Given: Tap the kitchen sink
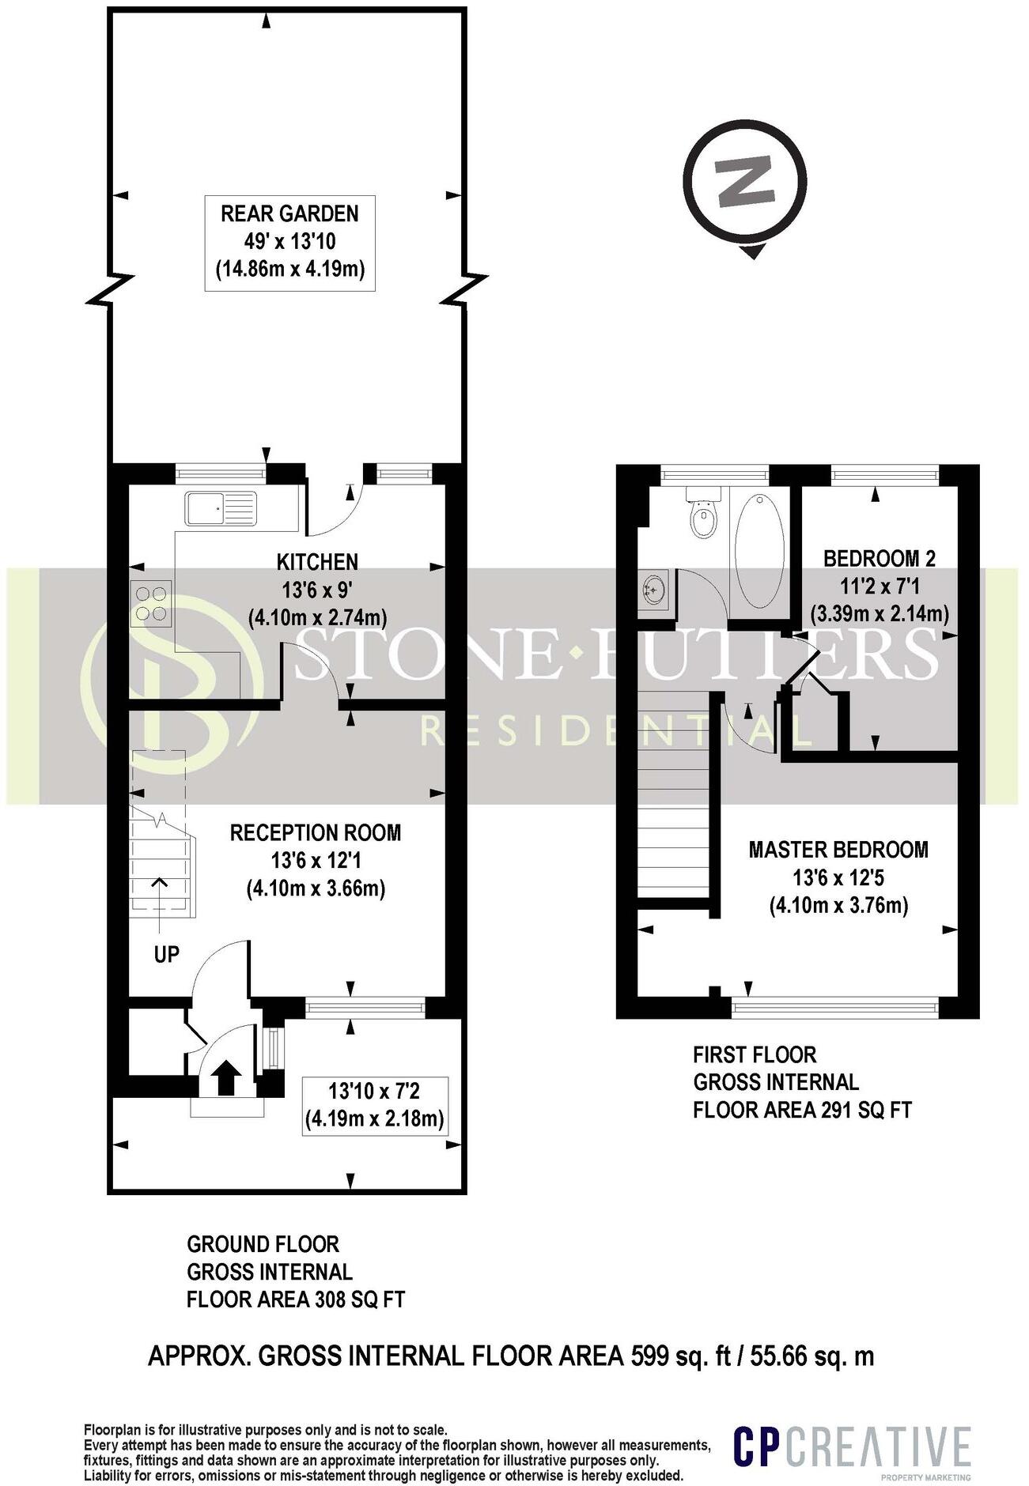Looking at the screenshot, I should (221, 507).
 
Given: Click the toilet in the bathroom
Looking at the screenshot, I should (703, 515).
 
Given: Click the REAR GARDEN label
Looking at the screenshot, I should (289, 213).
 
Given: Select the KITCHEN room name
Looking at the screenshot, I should (317, 562).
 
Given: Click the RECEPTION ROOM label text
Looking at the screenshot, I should (315, 832).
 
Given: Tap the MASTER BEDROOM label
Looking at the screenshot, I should (838, 850).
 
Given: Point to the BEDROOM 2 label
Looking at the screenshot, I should (879, 559).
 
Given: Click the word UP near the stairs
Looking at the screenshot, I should (167, 954).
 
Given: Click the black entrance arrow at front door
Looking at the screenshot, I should (227, 1077).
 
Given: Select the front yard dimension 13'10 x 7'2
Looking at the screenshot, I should (374, 1092).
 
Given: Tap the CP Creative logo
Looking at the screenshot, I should (852, 1447).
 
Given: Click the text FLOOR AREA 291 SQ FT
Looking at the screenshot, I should (802, 1110).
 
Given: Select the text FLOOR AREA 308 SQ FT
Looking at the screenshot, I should (295, 1299).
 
